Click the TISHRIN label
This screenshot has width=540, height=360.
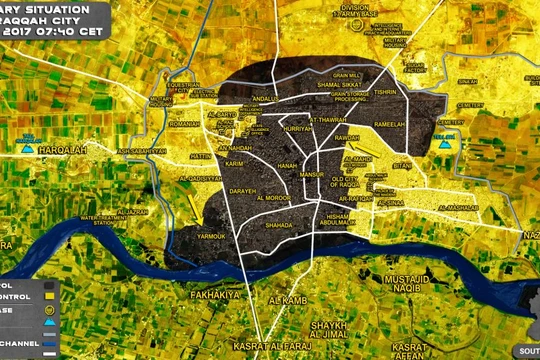[385, 90]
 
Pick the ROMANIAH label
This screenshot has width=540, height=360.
[185, 124]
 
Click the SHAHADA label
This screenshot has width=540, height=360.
[251, 225]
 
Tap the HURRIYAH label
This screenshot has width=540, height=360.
[299, 130]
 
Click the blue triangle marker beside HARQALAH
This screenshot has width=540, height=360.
[28, 149]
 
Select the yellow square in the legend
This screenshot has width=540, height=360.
[49, 296]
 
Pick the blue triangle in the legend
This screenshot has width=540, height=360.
[49, 326]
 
